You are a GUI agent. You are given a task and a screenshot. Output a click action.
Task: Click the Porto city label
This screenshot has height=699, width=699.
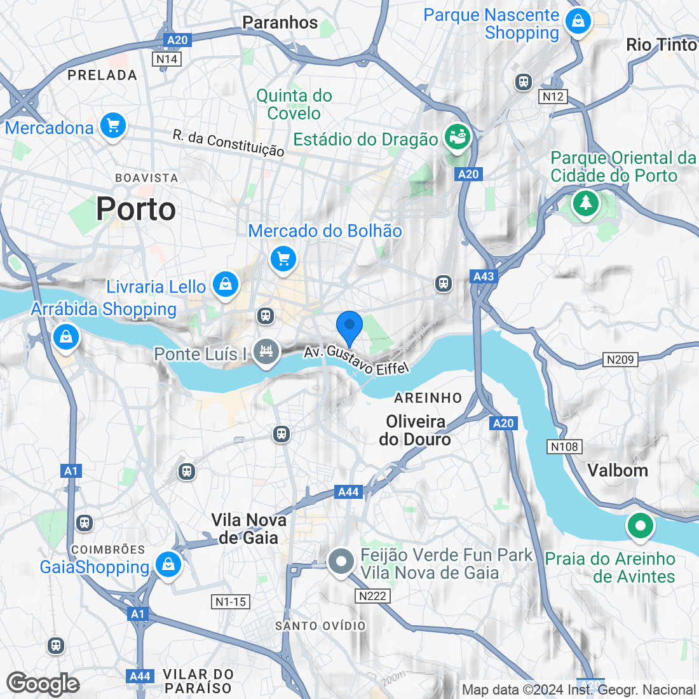coord(136,210)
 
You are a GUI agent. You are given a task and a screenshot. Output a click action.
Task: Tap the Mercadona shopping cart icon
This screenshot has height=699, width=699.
coord(113,125)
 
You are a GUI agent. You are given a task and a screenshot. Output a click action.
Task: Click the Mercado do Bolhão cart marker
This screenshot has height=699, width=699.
coord(283,259)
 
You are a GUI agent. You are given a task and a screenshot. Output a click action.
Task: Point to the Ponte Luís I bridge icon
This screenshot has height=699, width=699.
coord(266,351)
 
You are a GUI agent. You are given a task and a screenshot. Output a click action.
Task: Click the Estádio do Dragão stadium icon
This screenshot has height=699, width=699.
coord(456,137)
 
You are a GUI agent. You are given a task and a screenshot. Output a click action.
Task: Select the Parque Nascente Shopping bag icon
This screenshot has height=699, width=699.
coord(578,21)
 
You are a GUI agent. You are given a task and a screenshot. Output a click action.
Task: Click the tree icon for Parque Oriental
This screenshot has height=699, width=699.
coord(585,203)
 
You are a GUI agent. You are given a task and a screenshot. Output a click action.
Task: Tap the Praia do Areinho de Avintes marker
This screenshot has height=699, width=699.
coord(641,526)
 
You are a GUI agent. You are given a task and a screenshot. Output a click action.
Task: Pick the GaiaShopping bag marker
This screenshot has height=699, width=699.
coord(168,564)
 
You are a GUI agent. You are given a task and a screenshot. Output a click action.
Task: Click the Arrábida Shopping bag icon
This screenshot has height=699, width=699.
coord(66,337)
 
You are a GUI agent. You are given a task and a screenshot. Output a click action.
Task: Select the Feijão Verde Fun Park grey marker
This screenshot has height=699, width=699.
coord(341,562)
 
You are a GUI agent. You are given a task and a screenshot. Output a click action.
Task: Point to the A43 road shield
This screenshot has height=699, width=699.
coord(484,276)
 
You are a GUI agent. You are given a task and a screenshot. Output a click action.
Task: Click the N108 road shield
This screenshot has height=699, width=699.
coord(564,447)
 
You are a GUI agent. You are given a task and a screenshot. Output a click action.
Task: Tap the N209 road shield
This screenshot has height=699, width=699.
coord(620,360)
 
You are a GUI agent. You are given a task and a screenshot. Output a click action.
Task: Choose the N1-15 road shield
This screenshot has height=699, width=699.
coord(230,602)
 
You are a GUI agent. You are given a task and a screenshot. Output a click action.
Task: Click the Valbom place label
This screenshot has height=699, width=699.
coord(618,470)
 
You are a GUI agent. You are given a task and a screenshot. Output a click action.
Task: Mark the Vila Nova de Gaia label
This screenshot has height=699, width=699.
coord(248,529)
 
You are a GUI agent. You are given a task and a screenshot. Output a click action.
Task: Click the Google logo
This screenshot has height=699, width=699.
coord(43,684)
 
